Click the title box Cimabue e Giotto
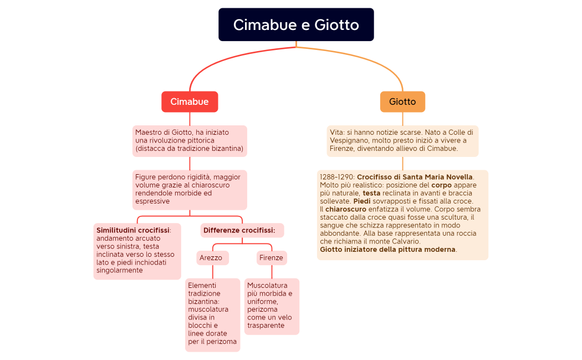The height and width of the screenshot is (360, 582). click(x=296, y=25)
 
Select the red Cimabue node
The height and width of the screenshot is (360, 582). click(x=190, y=102)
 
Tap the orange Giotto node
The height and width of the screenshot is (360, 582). click(x=402, y=102)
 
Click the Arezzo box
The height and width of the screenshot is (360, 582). click(x=211, y=257)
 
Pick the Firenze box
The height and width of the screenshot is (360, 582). click(x=271, y=257)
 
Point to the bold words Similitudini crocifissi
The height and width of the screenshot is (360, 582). click(x=133, y=230)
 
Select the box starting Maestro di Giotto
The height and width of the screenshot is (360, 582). click(x=190, y=140)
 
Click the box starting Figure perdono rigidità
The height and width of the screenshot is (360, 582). click(x=190, y=189)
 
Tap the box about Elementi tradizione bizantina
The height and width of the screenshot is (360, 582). click(x=212, y=315)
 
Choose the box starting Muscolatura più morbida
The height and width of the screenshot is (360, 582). click(x=271, y=306)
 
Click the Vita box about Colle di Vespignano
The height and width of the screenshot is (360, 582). click(x=402, y=140)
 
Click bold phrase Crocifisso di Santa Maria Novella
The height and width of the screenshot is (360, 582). click(x=415, y=177)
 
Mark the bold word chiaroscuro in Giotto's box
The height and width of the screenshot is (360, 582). click(x=346, y=209)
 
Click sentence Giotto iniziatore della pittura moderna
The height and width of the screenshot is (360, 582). click(x=387, y=249)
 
